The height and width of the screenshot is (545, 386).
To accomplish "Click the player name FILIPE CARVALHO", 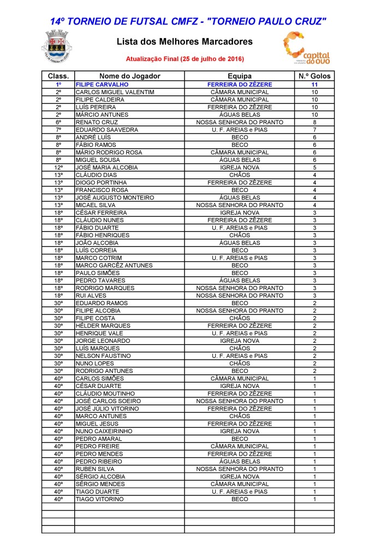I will click(102, 85).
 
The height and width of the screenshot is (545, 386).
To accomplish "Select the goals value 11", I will click(314, 85).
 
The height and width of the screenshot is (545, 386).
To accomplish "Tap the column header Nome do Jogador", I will click(129, 76).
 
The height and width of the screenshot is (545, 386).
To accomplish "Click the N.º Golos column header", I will click(314, 76).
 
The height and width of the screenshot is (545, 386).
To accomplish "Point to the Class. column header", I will click(58, 76).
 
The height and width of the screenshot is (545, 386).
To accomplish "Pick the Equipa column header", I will click(239, 76).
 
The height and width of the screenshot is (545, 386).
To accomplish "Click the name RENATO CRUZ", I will click(97, 123).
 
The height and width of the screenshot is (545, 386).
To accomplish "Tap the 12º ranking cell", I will click(58, 168).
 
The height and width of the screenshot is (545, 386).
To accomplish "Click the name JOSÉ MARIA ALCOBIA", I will click(106, 168).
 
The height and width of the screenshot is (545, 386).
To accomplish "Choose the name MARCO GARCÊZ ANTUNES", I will click(114, 265).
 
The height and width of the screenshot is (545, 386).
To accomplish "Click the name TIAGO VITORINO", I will click(99, 499).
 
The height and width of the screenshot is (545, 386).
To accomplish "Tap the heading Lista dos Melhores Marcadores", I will click(185, 41).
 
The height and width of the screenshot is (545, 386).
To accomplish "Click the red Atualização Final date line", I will click(185, 58).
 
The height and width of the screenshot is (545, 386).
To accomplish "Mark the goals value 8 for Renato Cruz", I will click(314, 123).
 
